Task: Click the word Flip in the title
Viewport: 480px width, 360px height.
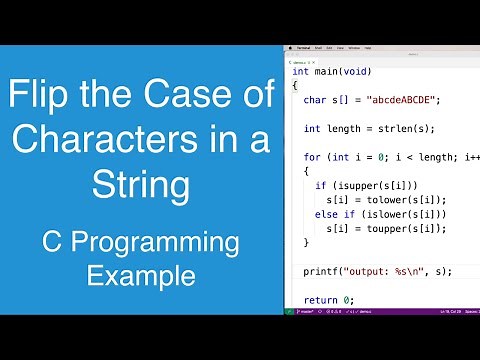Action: [43, 99]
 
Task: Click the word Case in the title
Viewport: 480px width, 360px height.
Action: [176, 99]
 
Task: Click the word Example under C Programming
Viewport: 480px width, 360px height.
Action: [140, 273]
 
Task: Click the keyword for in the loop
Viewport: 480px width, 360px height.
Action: [311, 157]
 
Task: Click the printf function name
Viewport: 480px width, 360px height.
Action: [319, 271]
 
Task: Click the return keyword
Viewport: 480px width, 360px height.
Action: [322, 299]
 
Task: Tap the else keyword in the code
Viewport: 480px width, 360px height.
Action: [325, 214]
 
